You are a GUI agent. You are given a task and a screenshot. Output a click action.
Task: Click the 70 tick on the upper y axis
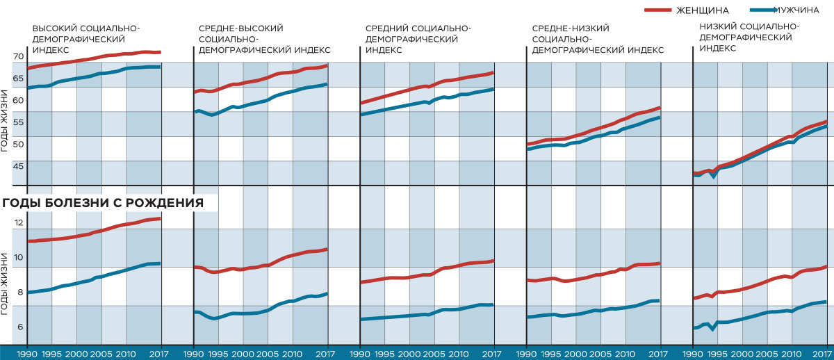point(18,56)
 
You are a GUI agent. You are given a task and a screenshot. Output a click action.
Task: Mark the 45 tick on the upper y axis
point(18,166)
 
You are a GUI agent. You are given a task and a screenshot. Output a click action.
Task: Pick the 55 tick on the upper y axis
point(18,122)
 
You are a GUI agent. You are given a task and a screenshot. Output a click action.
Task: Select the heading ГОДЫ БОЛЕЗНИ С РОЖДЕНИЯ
point(103,204)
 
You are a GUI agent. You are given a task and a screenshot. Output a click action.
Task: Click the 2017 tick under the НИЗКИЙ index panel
point(823,354)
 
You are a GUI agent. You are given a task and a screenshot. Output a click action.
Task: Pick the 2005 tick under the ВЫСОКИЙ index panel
point(101,354)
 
